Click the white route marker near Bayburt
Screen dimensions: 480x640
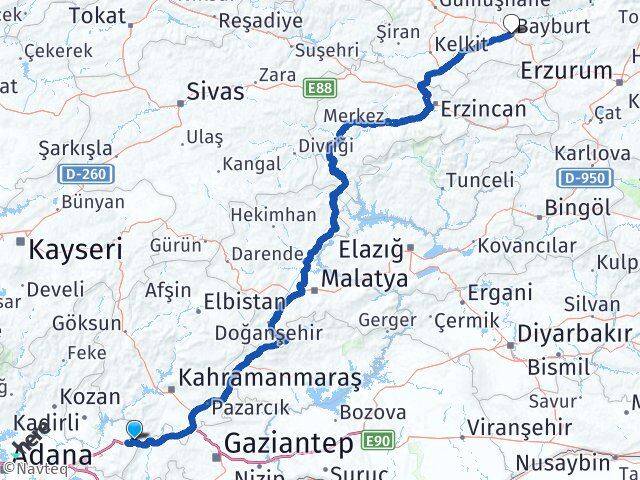(512, 24)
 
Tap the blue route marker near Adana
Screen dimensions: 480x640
(134, 430)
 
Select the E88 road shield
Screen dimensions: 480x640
(321, 89)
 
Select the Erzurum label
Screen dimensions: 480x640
(566, 70)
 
